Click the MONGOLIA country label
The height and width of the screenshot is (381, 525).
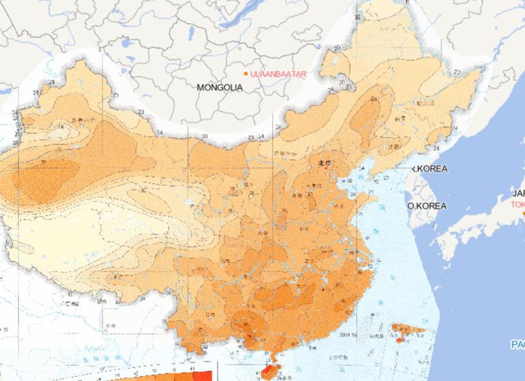[x=219, y=88]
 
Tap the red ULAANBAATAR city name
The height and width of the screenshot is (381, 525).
[x=278, y=73]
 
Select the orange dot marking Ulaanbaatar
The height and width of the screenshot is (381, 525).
[x=246, y=73]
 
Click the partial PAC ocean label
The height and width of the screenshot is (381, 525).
[x=517, y=344]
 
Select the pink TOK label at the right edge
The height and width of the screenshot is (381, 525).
[x=517, y=204]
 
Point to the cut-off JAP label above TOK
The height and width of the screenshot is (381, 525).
[x=517, y=193]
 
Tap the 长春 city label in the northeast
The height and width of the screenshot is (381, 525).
[x=400, y=118]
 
